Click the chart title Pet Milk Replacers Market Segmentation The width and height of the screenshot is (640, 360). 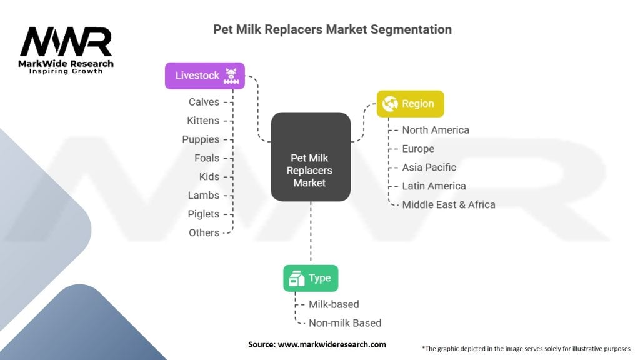point(332,29)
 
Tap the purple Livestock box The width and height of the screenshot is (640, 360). point(204,76)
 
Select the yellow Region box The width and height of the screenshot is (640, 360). point(410,104)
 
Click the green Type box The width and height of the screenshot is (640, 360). point(311,278)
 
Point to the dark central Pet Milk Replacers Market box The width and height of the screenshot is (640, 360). point(310,156)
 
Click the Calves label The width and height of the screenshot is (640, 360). point(204,101)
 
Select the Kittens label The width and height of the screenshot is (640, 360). point(203,120)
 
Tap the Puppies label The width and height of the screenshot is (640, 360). point(201,139)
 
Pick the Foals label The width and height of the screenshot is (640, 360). point(207,157)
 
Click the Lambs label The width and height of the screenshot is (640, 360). point(204,195)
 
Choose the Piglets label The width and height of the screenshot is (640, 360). point(204,214)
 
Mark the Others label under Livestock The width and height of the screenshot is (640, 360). point(204,232)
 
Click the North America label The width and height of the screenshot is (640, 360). point(436,130)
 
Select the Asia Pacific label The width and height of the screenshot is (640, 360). point(429,167)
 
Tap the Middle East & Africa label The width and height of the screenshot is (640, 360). point(449,204)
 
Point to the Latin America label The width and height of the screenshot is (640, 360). point(434,186)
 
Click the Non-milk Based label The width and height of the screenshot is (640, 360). point(345,323)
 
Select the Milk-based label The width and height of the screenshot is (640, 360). point(334,304)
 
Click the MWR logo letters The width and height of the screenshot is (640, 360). point(66,42)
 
